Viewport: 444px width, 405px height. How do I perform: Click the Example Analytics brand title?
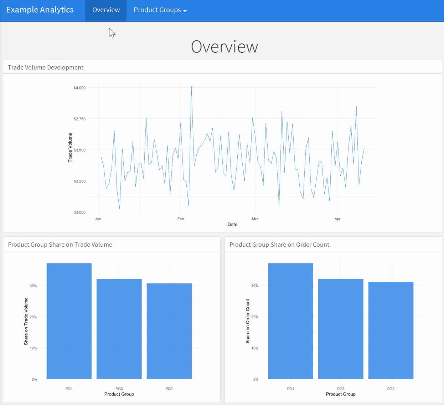(x=40, y=10)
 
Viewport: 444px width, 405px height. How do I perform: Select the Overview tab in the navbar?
(x=106, y=10)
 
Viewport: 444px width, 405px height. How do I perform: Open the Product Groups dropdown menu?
(x=160, y=10)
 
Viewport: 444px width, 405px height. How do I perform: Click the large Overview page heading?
(x=224, y=47)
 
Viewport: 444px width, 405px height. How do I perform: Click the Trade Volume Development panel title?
(x=46, y=67)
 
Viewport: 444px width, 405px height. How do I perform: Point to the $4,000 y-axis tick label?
(x=79, y=88)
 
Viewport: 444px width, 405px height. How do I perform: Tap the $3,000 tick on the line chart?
(x=79, y=212)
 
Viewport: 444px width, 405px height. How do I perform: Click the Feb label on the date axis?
(x=180, y=219)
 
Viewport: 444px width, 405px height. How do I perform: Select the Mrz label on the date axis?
(x=255, y=219)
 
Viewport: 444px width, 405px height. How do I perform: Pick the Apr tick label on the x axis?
(x=337, y=219)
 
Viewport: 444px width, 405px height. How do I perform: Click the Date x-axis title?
(x=232, y=225)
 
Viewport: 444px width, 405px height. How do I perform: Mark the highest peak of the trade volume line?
(x=191, y=87)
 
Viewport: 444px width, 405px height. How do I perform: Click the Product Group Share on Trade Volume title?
(x=60, y=245)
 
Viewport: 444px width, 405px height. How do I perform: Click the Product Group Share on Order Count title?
(x=279, y=245)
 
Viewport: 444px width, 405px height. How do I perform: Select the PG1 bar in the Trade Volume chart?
(x=69, y=321)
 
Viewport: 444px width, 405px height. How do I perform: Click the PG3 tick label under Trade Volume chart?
(x=119, y=389)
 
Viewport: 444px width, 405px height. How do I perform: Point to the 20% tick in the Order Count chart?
(x=255, y=317)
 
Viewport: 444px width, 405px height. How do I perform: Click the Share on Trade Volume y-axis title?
(x=26, y=321)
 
